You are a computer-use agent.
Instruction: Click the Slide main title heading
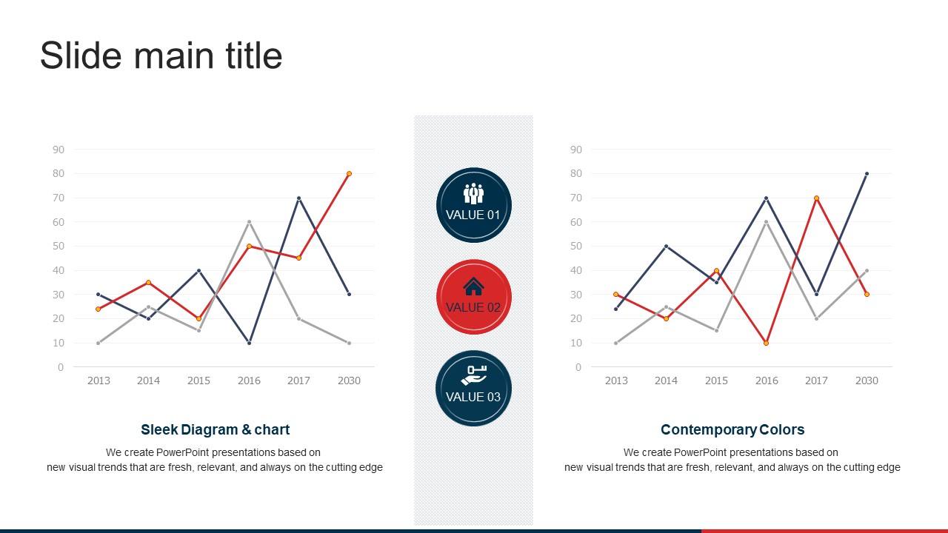(x=161, y=56)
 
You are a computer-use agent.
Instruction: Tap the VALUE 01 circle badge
(x=473, y=205)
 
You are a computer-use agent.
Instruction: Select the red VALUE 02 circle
(x=473, y=296)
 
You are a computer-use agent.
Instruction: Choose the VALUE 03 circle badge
(x=473, y=388)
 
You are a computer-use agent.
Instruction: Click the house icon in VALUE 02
(x=473, y=286)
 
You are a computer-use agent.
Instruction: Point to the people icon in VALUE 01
(x=473, y=193)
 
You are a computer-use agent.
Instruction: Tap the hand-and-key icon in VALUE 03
(x=473, y=375)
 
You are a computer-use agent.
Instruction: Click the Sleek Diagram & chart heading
(x=215, y=429)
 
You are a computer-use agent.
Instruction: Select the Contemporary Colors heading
(x=732, y=429)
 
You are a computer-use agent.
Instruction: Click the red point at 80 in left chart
(x=349, y=174)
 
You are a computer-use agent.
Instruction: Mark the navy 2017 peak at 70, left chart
(x=298, y=198)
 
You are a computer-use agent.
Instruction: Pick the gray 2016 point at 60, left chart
(x=249, y=222)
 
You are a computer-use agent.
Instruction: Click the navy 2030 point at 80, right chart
(x=867, y=174)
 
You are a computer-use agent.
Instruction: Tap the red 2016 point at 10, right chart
(x=767, y=343)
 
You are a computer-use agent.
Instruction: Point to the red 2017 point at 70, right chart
(x=816, y=198)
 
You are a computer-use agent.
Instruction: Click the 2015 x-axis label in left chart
(x=198, y=381)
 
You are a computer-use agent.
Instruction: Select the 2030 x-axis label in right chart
(x=867, y=381)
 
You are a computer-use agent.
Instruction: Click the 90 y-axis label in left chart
(x=59, y=150)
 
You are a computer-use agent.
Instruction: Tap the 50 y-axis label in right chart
(x=576, y=246)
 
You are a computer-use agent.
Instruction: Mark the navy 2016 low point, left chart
(x=249, y=343)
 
